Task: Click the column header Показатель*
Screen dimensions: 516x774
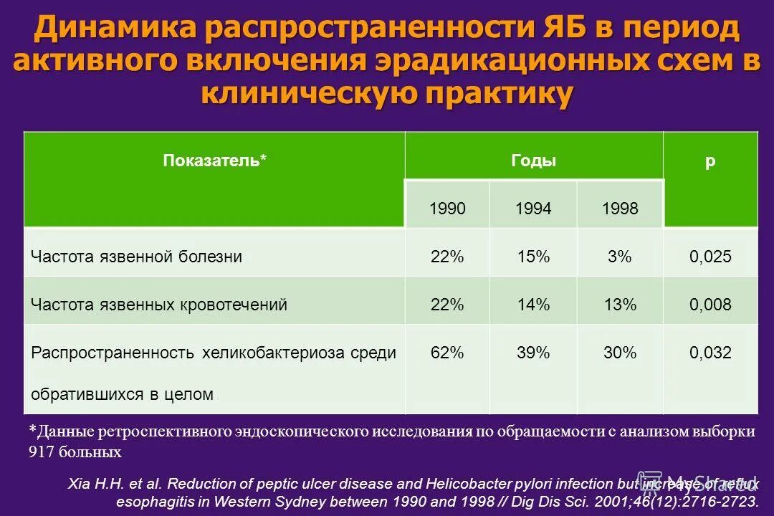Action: point(215,161)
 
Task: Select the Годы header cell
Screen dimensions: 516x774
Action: point(533,161)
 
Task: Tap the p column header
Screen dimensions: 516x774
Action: point(709,161)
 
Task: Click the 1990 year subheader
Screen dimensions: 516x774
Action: point(447,209)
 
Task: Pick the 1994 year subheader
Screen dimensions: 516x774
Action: point(533,209)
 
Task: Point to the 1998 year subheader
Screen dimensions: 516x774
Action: point(620,209)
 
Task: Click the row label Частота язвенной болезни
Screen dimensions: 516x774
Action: point(136,257)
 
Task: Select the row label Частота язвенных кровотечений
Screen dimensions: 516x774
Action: point(158,305)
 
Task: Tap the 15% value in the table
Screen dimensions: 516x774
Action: point(533,257)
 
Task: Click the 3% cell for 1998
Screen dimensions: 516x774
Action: point(620,257)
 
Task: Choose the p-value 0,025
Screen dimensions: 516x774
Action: point(710,257)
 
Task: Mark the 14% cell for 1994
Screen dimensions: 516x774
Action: point(533,305)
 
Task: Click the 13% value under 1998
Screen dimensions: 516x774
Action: point(620,305)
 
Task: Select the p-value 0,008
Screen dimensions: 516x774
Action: point(710,305)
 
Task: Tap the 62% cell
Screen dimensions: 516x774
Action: point(447,353)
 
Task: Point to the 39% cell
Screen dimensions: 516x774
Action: point(533,353)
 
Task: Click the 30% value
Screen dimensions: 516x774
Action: point(620,353)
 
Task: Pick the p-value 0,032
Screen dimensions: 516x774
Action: point(710,353)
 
